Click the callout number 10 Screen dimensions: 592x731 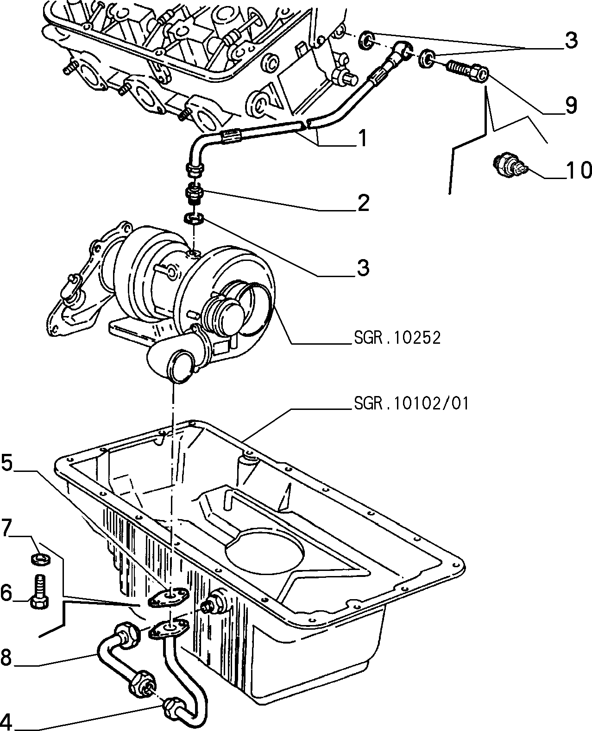tap(578, 171)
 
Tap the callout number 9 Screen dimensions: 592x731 tap(571, 105)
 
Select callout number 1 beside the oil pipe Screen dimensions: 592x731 tap(362, 138)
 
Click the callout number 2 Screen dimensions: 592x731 tap(363, 203)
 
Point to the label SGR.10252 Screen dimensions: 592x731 tap(397, 338)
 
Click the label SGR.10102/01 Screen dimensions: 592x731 tap(411, 403)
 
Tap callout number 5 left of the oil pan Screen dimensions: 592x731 tap(7, 463)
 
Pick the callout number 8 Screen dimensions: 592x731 tap(6, 657)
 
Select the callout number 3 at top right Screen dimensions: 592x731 tap(571, 41)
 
